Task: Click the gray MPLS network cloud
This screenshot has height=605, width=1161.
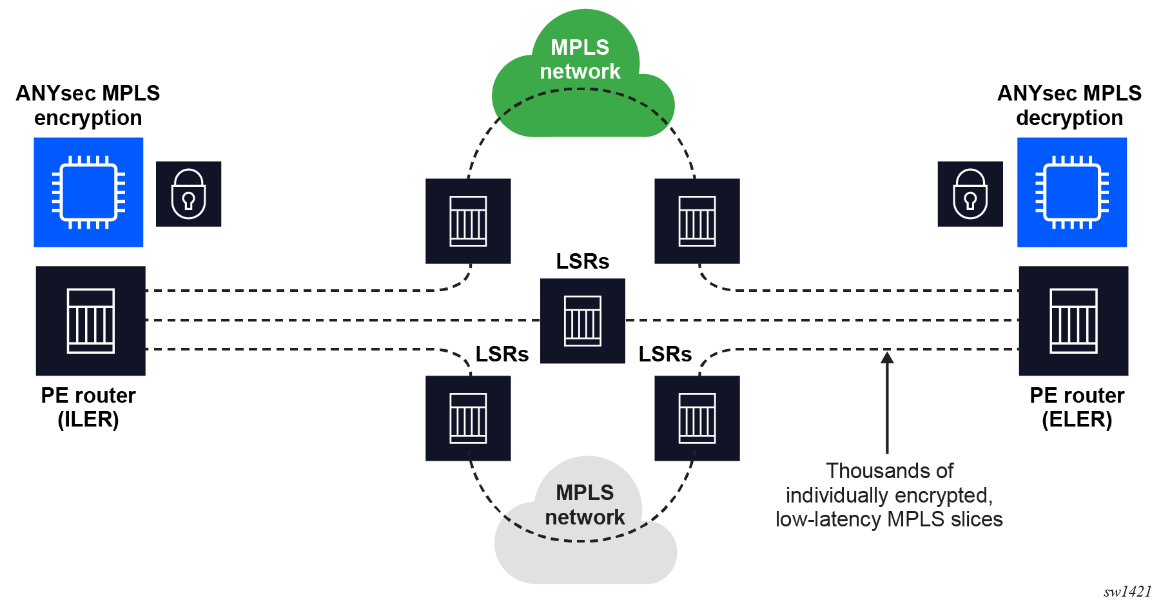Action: [585, 528]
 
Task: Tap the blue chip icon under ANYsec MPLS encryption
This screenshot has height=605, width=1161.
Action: [88, 192]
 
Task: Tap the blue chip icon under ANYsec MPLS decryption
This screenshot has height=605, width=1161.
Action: [1072, 192]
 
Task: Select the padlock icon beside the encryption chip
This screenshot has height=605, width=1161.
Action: [188, 194]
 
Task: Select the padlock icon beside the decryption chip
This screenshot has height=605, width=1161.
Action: [970, 194]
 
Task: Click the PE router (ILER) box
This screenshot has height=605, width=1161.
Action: [91, 321]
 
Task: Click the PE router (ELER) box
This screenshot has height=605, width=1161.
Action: [1073, 321]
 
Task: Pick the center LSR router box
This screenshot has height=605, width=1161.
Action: [583, 321]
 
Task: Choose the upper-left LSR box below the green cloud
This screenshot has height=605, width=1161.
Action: [468, 221]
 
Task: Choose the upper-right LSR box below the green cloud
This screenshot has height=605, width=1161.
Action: [697, 221]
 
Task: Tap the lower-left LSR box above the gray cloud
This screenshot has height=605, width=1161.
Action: [468, 418]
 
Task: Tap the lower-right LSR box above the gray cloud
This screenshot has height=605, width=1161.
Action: [697, 418]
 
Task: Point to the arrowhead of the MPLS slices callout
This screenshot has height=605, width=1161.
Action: [887, 356]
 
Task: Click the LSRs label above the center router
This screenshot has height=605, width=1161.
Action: [583, 262]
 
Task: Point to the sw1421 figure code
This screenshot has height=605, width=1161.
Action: [1127, 591]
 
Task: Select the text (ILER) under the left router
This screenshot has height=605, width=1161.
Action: [88, 420]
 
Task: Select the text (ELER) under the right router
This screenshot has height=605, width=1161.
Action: [1077, 420]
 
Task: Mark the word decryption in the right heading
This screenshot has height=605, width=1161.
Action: [1069, 118]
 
